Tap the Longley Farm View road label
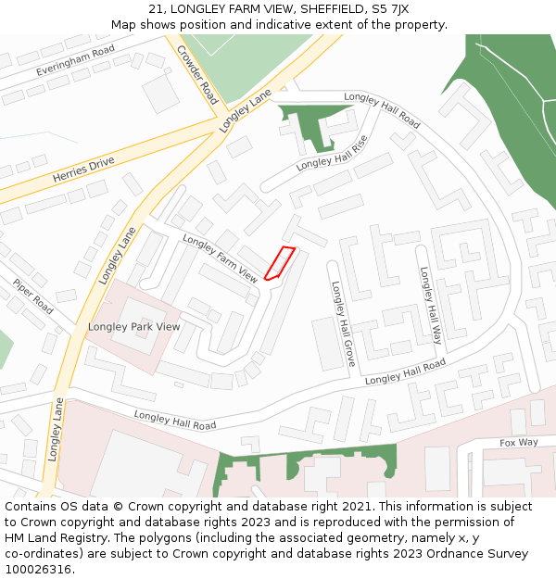(x=221, y=258)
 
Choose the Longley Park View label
(x=134, y=327)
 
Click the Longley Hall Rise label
(x=332, y=153)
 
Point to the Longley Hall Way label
(x=431, y=306)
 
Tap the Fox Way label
(x=519, y=443)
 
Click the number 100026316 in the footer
(x=38, y=569)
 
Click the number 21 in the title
(x=156, y=9)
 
